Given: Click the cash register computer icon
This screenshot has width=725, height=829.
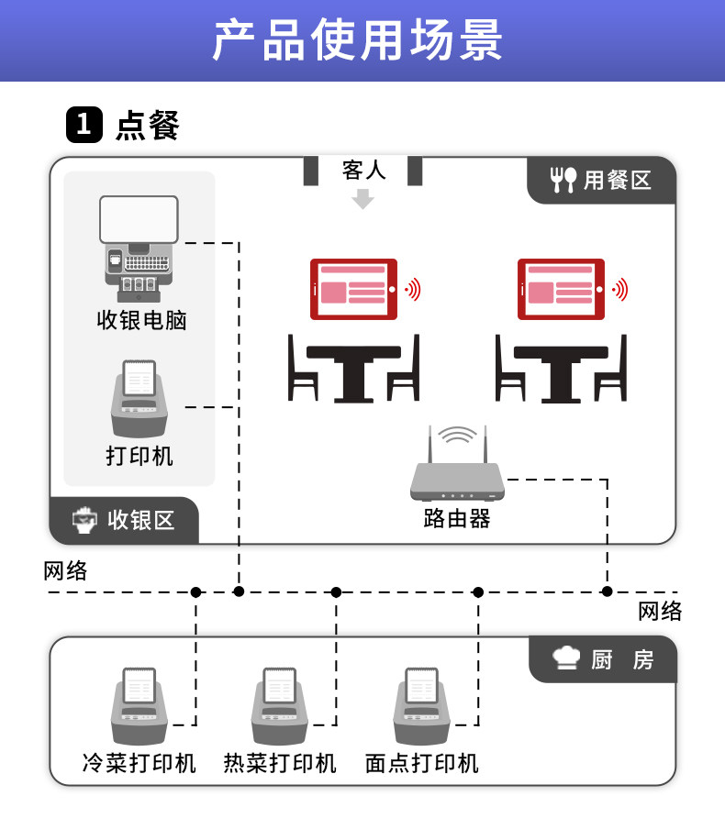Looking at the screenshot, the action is pos(139,249).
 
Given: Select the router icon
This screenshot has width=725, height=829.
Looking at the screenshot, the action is pos(457,464).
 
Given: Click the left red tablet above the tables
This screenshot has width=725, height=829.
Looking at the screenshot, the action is pos(353,289).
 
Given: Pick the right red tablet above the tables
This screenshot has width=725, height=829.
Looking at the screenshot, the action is pos(561,289).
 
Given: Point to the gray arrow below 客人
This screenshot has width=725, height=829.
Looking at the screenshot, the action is pos(363,199).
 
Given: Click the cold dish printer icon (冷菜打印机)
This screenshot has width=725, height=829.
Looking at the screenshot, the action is pos(139,706).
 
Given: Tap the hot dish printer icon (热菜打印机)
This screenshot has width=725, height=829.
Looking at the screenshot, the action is pos(280,706).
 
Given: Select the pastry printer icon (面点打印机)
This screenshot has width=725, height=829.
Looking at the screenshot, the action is pos(422,706).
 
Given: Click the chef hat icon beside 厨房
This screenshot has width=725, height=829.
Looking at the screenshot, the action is pos(566,658).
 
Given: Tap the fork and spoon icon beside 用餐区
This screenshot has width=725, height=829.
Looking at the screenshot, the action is pos(563,180).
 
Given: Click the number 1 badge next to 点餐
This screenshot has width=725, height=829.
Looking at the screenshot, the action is pos(84,125).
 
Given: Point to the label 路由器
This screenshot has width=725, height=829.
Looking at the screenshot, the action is pos(457,519).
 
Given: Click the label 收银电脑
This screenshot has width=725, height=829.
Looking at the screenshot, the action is pos(141,320).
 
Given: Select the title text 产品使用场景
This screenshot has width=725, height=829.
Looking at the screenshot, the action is pos(358,39).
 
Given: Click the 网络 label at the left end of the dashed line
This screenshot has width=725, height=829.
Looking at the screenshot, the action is pos(65,571).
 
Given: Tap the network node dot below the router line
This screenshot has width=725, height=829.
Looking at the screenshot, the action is pos(607,591).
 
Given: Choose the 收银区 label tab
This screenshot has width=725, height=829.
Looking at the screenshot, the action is pos(125,520).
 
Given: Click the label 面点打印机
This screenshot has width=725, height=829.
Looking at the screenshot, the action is pos(422,764).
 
